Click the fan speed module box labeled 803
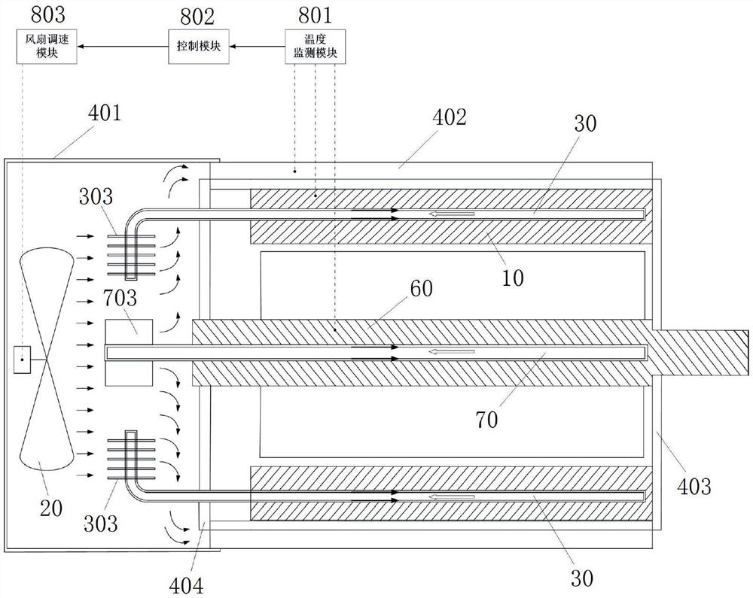tap(47, 46)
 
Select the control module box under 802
tap(198, 46)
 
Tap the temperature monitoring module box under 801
tap(315, 46)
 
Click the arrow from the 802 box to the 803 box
tap(123, 47)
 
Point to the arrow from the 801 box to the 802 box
tap(257, 47)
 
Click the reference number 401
tap(105, 113)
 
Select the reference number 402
tap(450, 117)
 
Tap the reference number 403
tap(694, 487)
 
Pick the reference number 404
tap(186, 585)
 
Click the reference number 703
tap(120, 299)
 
